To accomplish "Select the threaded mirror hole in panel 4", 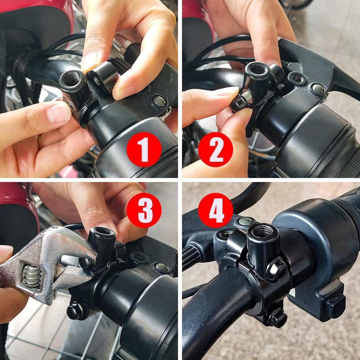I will click(263, 231).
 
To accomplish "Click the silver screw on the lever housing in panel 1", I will click(159, 101).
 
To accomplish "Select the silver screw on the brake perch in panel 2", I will click(318, 89).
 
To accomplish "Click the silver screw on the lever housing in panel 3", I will click(161, 268).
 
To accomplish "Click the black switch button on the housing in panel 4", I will click(335, 306).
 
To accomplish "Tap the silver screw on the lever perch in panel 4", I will click(245, 221).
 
